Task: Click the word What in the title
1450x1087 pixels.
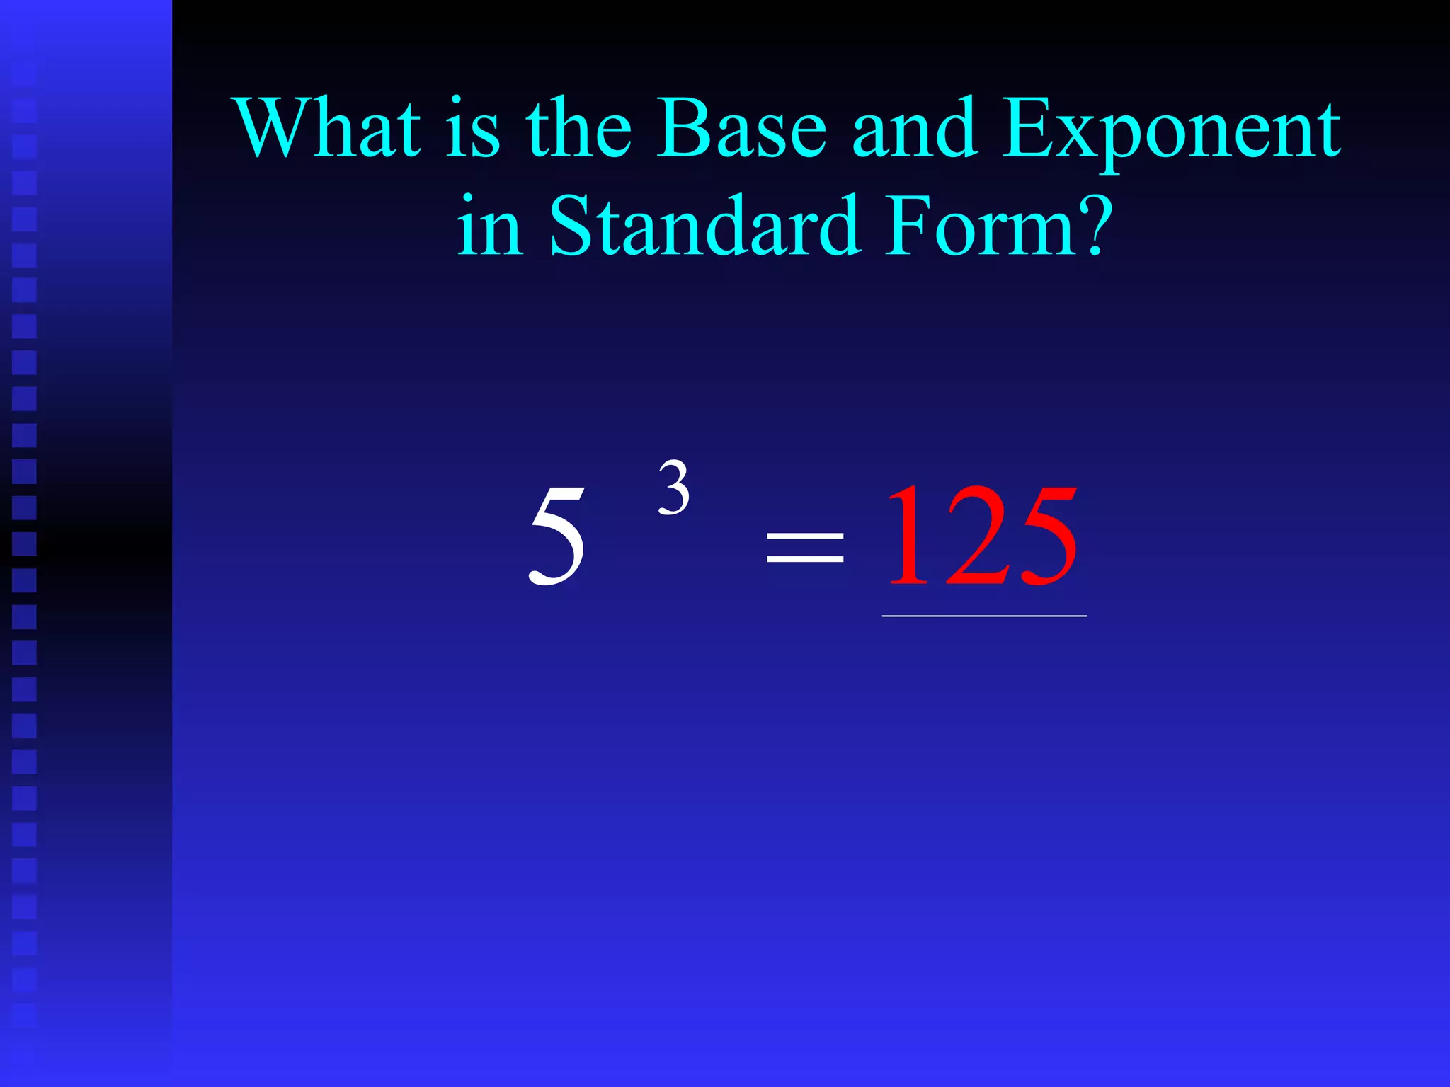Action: [x=330, y=129]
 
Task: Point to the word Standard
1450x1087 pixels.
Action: [x=704, y=226]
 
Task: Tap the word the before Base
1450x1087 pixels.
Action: [x=578, y=129]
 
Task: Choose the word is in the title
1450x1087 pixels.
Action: [x=473, y=129]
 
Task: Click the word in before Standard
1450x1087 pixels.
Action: [x=490, y=226]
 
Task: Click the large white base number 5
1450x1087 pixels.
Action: [x=557, y=538]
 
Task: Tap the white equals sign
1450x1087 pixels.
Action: [x=805, y=546]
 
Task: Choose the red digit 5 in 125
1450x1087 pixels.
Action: [x=1044, y=538]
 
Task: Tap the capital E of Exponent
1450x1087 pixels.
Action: [x=1027, y=129]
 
